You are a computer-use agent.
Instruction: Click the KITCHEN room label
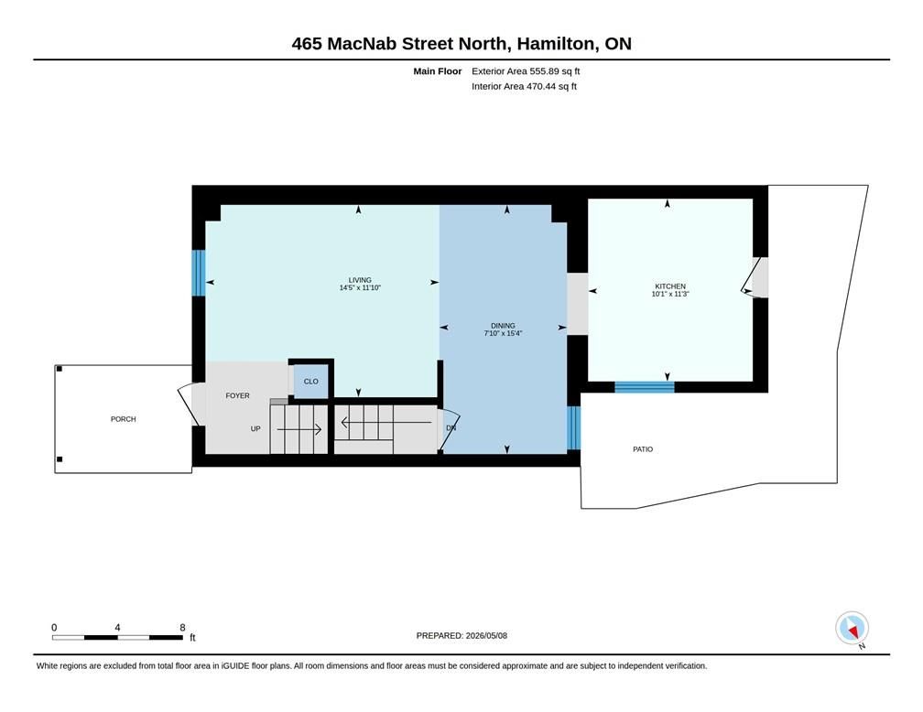[670, 286]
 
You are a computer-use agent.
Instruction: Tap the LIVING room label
[360, 280]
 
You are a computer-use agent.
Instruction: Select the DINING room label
[503, 326]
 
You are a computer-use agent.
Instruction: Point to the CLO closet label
[310, 382]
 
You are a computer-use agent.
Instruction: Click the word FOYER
[238, 395]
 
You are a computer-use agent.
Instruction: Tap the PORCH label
[123, 419]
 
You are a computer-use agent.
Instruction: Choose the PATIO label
[643, 449]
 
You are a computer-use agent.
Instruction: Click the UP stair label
[255, 428]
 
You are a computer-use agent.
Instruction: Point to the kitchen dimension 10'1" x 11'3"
[670, 294]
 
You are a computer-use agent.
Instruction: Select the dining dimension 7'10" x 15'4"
[503, 333]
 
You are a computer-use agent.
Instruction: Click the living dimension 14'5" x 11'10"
[360, 287]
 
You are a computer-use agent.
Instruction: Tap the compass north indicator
[852, 628]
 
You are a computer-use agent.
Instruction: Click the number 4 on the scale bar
[117, 627]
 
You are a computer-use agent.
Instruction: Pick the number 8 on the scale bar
[182, 627]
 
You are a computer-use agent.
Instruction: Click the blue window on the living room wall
[199, 273]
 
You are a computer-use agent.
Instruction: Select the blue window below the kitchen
[645, 387]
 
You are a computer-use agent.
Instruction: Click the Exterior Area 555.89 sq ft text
[526, 71]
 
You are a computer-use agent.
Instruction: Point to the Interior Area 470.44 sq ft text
[524, 86]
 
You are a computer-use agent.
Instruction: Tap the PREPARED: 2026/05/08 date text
[461, 635]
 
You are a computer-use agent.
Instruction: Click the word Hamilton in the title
[556, 44]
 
